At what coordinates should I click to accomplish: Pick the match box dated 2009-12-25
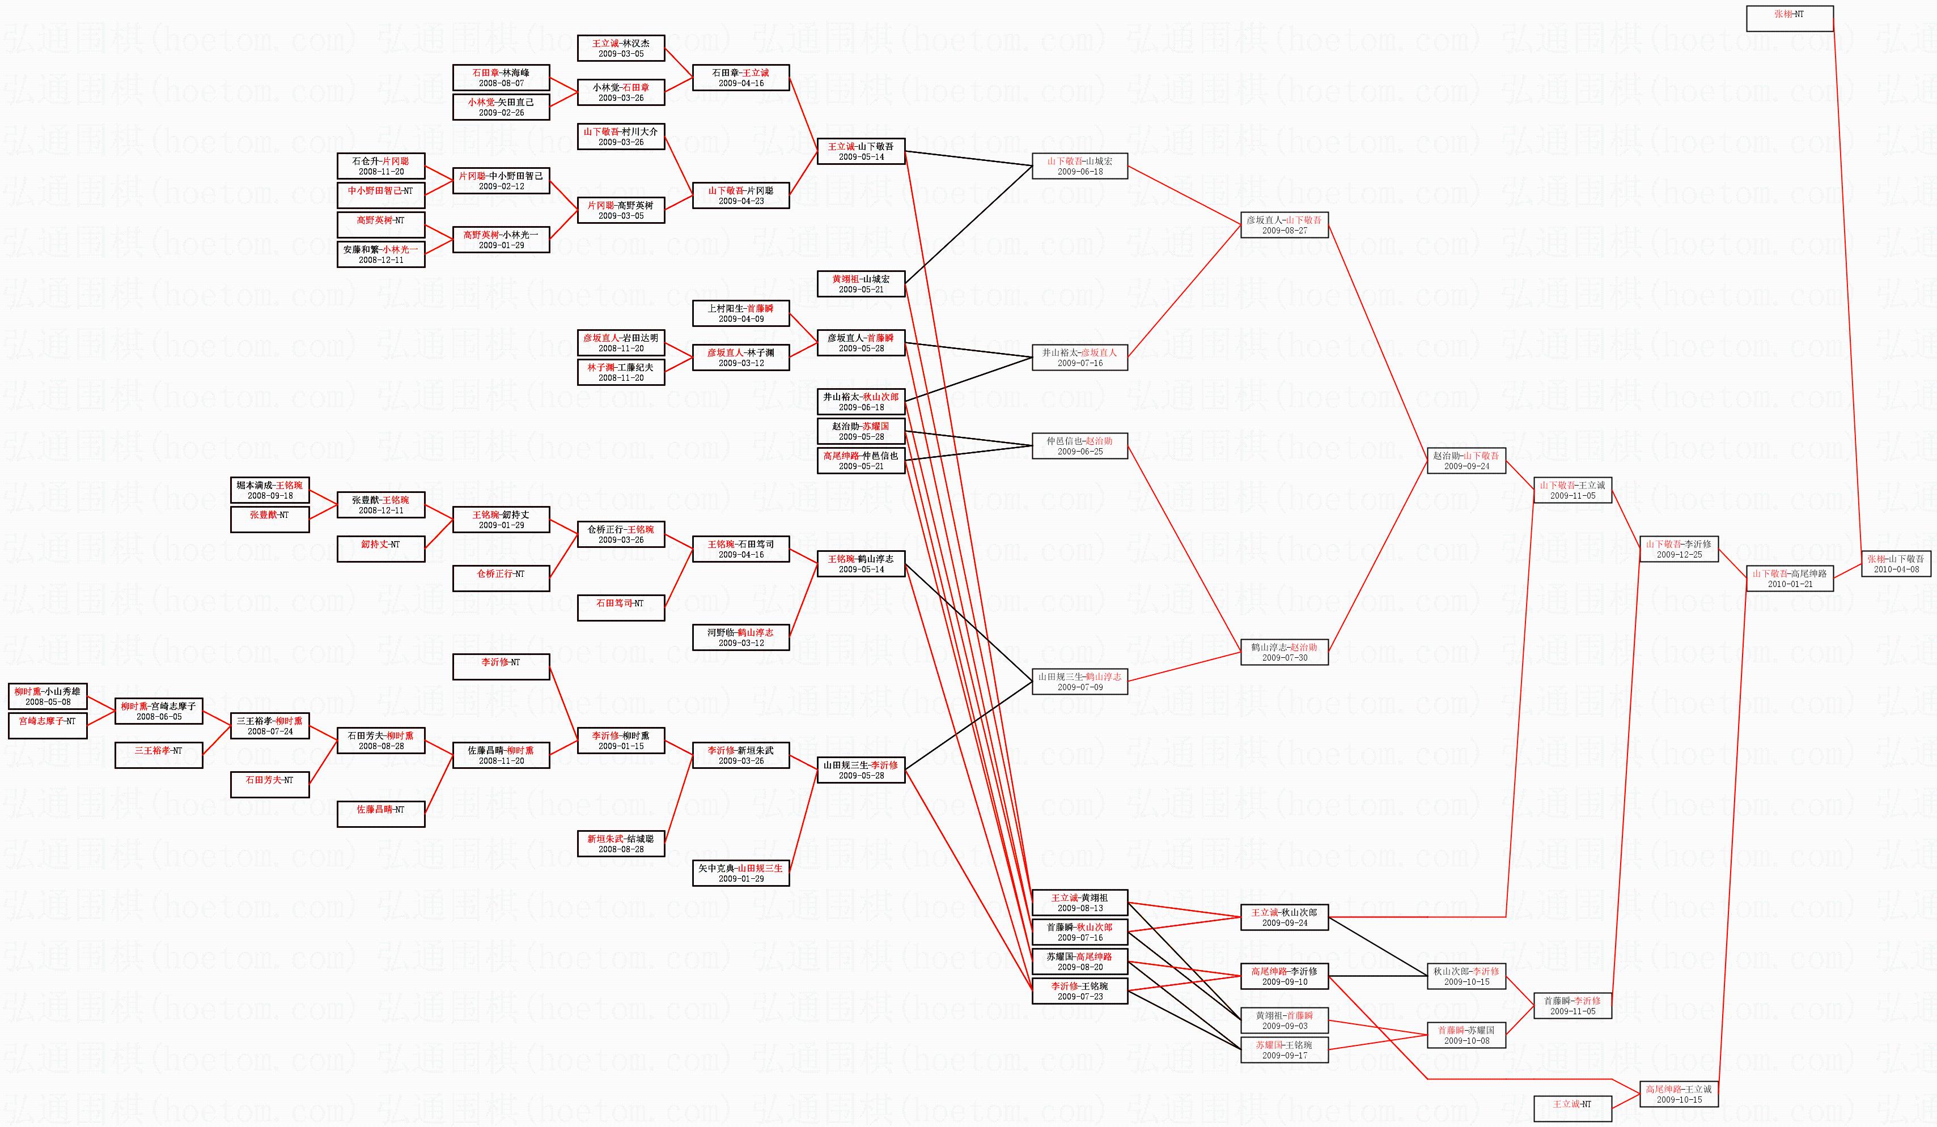[x=1678, y=549]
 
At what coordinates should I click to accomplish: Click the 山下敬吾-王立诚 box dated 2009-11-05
[x=1572, y=490]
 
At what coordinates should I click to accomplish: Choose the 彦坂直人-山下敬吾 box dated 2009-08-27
[x=1283, y=225]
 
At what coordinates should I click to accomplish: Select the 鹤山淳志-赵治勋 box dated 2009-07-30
[x=1283, y=652]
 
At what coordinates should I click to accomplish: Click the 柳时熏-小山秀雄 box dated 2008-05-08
[x=48, y=696]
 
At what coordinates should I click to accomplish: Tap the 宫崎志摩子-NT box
[x=48, y=725]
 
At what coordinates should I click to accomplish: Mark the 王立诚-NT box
[x=1572, y=1108]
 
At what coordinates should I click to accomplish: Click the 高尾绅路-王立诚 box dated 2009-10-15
[x=1678, y=1094]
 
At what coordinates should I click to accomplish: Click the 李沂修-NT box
[x=501, y=667]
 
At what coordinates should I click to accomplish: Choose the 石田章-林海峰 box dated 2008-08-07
[x=501, y=78]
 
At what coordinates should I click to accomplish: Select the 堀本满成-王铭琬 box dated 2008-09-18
[x=270, y=490]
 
